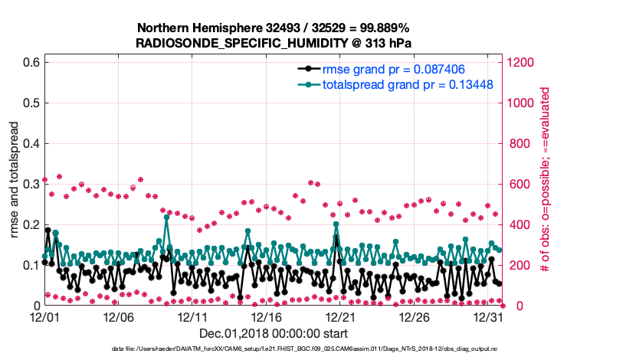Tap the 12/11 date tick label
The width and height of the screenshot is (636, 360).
(192, 316)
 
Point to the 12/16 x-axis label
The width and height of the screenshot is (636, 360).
(267, 316)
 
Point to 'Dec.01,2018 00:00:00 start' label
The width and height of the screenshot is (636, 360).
(274, 333)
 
